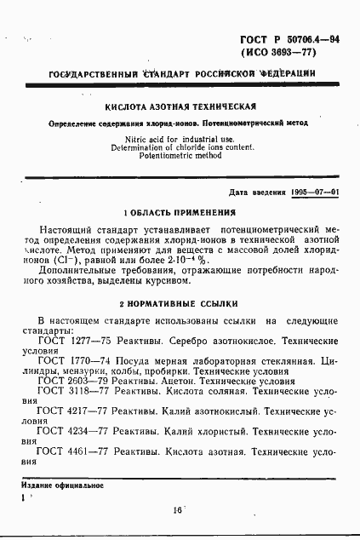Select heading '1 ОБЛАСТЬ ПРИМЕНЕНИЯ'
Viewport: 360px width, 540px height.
[x=180, y=212]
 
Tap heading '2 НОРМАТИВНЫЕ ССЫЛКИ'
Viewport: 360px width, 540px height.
[x=180, y=302]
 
